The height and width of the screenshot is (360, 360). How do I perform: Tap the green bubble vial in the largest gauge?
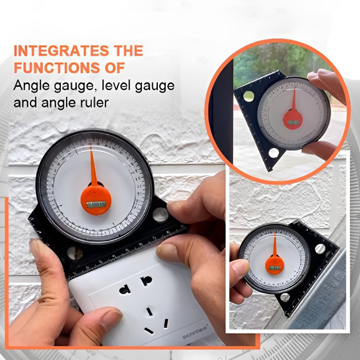coord(95,204)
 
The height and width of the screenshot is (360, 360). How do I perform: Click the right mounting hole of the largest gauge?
coord(160,215)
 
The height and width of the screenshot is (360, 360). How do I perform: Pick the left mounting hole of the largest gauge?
coord(74,253)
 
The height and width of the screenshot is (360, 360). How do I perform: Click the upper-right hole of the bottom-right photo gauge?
coord(320,248)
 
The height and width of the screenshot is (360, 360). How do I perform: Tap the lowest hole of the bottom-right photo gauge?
coord(285,297)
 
